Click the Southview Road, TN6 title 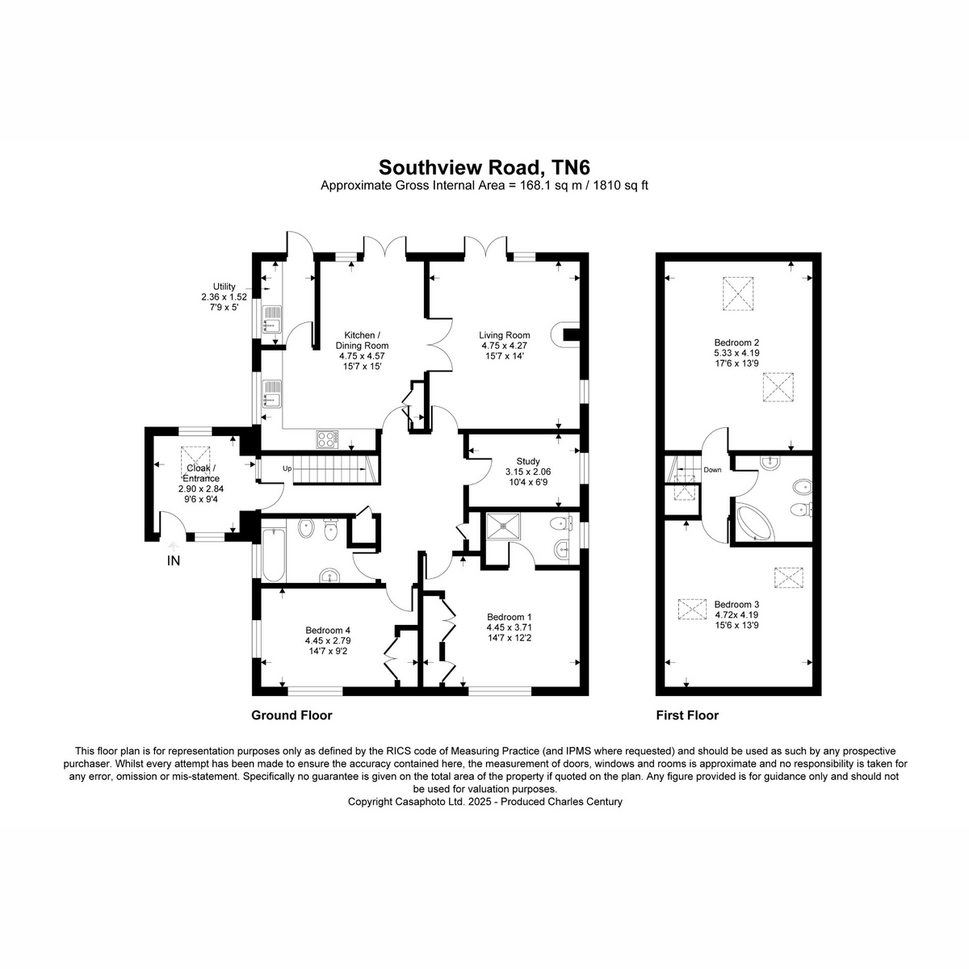click(484, 166)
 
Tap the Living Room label click(505, 335)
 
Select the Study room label click(528, 461)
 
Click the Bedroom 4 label click(328, 630)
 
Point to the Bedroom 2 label click(736, 342)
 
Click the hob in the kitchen click(327, 439)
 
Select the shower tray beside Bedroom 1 click(504, 526)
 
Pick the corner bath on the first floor click(755, 523)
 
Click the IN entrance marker click(174, 560)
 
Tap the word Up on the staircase click(287, 468)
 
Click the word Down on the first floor click(712, 470)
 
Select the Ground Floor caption click(292, 715)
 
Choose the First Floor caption click(687, 715)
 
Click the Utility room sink click(273, 320)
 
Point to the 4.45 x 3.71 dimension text click(509, 627)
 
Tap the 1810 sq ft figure click(621, 185)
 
